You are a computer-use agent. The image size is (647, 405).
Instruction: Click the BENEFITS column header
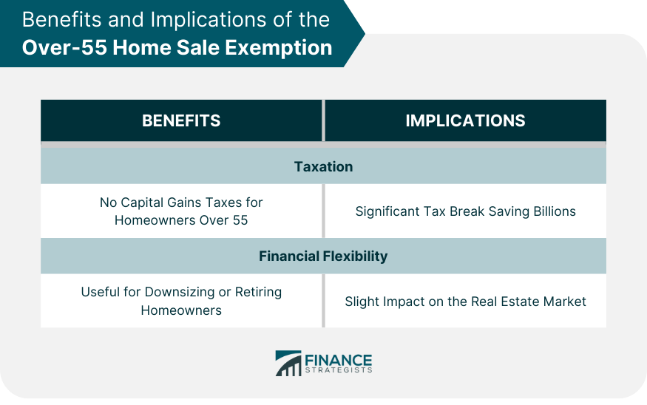[181, 121]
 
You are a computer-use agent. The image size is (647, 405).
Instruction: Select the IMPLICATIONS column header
[465, 121]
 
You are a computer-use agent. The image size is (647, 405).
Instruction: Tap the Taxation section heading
[324, 166]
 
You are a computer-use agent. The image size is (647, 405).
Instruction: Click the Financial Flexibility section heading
[323, 256]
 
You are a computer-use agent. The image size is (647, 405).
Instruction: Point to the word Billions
[555, 211]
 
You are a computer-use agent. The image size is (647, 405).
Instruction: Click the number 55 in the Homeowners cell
[240, 220]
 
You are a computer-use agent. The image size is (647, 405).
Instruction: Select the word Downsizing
[180, 293]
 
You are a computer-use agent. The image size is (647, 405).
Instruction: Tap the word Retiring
[258, 293]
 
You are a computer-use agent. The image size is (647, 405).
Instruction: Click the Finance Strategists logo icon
[288, 364]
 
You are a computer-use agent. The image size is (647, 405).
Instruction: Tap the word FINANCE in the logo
[339, 361]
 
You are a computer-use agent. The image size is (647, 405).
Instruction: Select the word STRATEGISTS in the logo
[339, 370]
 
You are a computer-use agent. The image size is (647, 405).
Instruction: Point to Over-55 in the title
[64, 47]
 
